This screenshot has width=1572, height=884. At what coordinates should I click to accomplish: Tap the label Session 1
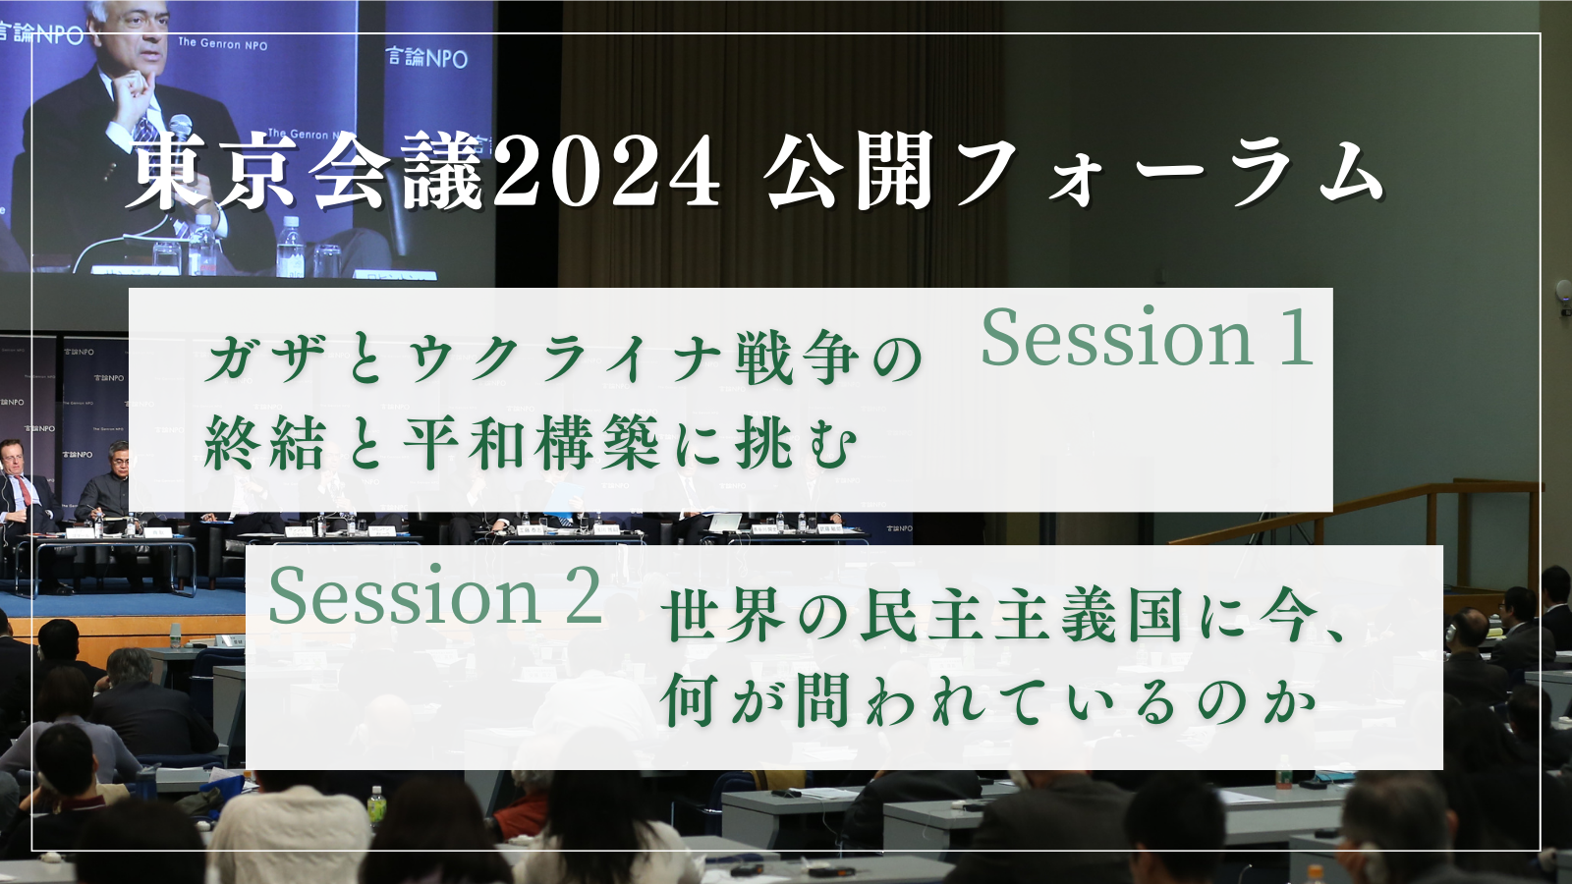click(x=1147, y=338)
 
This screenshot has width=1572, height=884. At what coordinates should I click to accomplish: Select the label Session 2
click(x=436, y=595)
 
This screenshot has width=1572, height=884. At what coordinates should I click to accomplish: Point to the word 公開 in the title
click(x=849, y=173)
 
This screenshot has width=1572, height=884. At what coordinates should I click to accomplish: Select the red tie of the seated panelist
click(x=25, y=490)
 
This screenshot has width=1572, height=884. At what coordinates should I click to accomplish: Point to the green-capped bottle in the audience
click(x=377, y=803)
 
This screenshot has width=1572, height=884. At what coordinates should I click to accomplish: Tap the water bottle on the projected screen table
click(x=290, y=246)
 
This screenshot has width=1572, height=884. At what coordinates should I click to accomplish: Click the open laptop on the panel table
click(x=724, y=523)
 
